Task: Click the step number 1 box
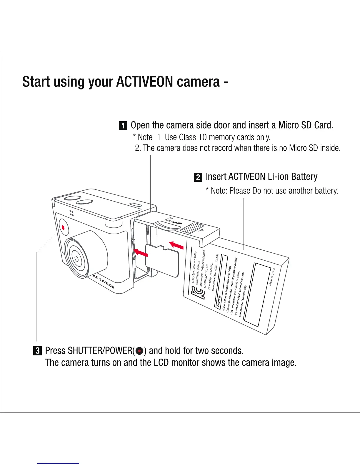point(123,126)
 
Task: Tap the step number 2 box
point(198,177)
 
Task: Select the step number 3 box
point(38,351)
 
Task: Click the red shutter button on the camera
point(63,227)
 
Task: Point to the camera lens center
point(76,259)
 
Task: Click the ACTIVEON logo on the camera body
point(103,282)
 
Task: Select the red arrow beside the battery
point(176,244)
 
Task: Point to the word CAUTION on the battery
point(219,302)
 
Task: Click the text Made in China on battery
point(271,277)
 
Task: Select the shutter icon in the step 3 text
point(140,351)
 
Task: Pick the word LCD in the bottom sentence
point(161,362)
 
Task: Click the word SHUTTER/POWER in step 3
point(100,351)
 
